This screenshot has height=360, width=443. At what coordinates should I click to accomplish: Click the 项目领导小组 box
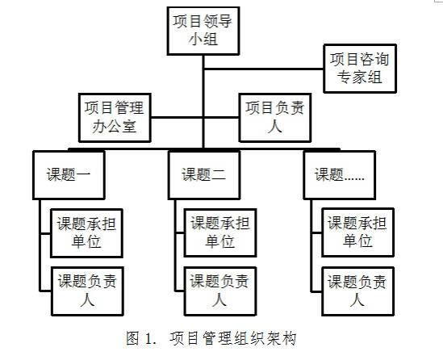203,31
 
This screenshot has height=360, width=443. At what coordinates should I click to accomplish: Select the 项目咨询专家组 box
360,69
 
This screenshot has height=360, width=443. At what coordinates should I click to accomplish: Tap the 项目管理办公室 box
115,118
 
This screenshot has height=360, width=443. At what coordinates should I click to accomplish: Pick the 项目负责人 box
275,118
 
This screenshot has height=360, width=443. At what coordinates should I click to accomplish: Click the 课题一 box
69,175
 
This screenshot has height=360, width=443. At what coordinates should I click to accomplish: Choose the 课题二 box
204,175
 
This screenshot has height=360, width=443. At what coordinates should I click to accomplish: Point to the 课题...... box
340,175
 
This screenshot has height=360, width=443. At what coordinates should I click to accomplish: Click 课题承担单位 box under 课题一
86,233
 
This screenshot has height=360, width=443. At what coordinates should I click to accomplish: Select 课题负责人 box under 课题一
87,291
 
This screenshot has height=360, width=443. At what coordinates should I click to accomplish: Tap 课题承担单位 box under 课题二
220,232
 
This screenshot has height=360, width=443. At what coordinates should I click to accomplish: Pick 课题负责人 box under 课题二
220,291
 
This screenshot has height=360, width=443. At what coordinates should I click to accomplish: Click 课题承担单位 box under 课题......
357,232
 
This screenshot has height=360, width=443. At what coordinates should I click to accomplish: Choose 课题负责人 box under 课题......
357,291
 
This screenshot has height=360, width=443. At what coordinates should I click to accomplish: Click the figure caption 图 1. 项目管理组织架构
211,338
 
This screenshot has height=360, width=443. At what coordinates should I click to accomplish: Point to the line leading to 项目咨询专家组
264,69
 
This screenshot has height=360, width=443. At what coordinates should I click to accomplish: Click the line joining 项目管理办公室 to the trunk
177,117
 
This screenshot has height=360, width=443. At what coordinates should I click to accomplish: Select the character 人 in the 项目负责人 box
275,126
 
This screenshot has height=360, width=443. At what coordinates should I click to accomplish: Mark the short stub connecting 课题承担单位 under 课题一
45,233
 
